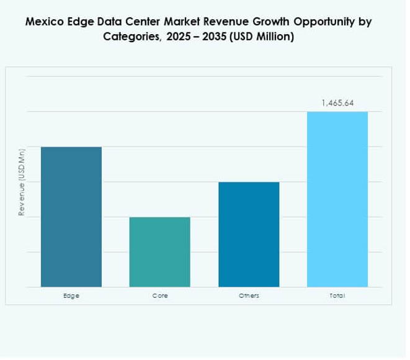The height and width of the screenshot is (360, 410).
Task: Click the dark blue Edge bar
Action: tap(71, 217)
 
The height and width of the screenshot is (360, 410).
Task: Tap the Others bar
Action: tap(249, 234)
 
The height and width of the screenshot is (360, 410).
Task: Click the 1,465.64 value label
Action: tap(337, 103)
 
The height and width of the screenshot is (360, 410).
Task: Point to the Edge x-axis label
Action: tap(71, 296)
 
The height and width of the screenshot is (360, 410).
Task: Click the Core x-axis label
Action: tap(160, 296)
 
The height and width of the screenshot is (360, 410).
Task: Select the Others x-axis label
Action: tap(249, 296)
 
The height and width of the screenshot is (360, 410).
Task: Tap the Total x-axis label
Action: tap(337, 296)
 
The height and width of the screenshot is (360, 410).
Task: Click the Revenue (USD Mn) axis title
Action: tap(22, 182)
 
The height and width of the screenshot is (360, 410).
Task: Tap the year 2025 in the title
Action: tap(180, 37)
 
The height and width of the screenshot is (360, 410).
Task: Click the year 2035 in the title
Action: tap(220, 37)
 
